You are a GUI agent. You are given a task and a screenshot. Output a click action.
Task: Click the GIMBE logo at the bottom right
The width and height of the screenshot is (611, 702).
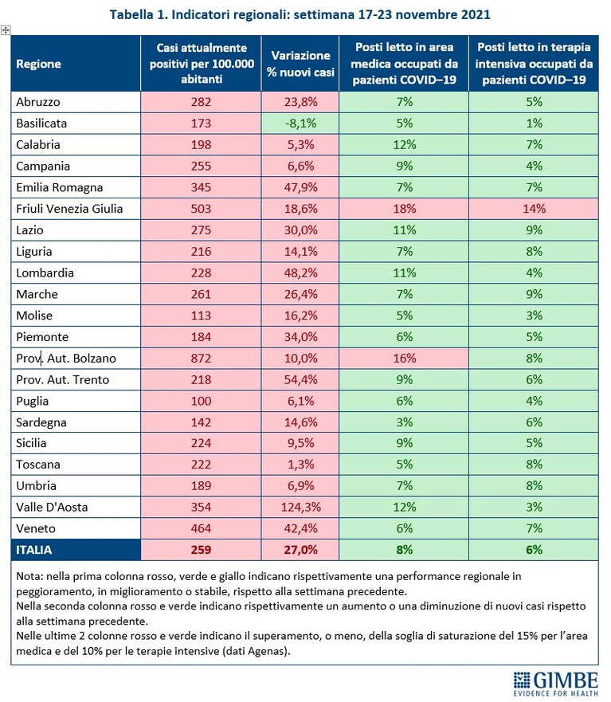click(555, 684)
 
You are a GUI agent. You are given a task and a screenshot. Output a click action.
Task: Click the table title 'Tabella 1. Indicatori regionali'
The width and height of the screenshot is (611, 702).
click(200, 14)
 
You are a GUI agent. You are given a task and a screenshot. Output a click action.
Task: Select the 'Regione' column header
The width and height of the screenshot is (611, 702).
click(38, 64)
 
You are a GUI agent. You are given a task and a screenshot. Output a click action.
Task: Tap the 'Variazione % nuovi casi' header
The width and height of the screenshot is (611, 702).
click(300, 64)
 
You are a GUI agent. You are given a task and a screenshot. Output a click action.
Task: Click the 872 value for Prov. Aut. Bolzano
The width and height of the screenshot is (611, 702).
click(201, 358)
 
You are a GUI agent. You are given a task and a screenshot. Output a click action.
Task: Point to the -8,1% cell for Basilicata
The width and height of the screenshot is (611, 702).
click(300, 124)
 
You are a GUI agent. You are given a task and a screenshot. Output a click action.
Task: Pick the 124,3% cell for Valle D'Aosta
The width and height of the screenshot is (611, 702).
click(300, 507)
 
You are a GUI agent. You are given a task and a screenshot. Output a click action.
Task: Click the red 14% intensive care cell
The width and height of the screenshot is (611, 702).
click(534, 209)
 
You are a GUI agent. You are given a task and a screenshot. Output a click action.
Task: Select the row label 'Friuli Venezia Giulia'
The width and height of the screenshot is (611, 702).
click(69, 209)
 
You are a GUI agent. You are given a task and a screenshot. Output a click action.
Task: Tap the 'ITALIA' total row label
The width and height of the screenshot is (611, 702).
click(34, 550)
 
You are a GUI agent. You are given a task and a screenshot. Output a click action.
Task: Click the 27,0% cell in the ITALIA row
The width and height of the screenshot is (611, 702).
click(300, 550)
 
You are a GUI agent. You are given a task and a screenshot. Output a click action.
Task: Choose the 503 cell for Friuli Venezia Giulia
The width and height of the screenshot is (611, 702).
click(201, 209)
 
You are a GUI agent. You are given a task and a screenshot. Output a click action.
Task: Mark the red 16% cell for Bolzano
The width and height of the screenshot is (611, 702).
click(404, 358)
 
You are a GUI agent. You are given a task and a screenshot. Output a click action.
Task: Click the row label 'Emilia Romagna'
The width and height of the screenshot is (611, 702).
click(60, 187)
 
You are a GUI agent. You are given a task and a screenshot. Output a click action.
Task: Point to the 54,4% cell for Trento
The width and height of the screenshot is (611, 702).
click(300, 379)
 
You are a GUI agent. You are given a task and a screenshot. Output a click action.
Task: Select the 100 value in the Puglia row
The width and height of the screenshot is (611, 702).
click(201, 401)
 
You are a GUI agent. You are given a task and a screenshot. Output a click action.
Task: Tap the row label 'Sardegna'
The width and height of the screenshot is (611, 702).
click(41, 422)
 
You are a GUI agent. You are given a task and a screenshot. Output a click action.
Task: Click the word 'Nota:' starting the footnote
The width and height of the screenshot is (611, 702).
click(29, 576)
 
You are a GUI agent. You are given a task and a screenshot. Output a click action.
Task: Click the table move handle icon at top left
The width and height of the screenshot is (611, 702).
click(6, 30)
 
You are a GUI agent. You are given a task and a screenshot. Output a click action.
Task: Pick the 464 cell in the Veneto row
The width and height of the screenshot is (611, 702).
click(201, 528)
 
